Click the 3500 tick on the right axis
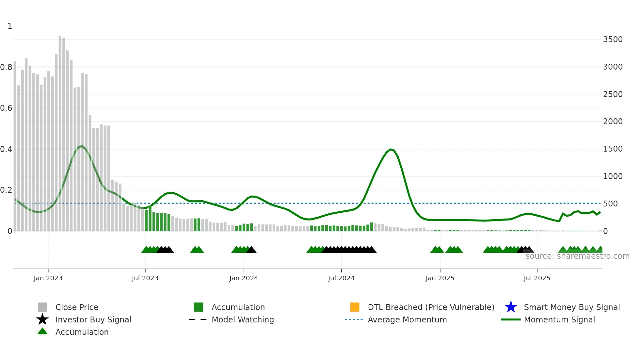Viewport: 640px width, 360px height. tap(613, 40)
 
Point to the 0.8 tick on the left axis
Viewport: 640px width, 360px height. tap(6, 67)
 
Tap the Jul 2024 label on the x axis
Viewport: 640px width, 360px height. tap(341, 278)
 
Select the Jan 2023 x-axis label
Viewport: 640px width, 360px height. tap(48, 278)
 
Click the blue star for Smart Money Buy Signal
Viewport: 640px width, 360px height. tap(511, 307)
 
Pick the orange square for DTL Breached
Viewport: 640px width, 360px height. tap(355, 307)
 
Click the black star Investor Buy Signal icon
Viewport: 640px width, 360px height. tap(42, 319)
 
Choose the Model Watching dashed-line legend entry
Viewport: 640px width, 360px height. tap(198, 319)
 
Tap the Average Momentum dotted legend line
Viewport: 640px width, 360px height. tap(354, 319)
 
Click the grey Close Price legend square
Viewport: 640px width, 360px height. tap(42, 307)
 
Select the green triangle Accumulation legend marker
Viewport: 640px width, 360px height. tap(42, 331)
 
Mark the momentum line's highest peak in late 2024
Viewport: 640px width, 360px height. tap(391, 149)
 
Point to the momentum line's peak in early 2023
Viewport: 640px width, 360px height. tap(82, 146)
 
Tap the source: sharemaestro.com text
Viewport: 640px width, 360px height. tap(577, 256)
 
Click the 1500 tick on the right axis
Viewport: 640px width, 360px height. tap(613, 149)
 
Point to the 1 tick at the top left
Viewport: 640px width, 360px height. tap(10, 26)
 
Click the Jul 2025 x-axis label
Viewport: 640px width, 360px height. tap(537, 278)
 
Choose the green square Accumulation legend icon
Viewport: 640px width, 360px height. tap(199, 307)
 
